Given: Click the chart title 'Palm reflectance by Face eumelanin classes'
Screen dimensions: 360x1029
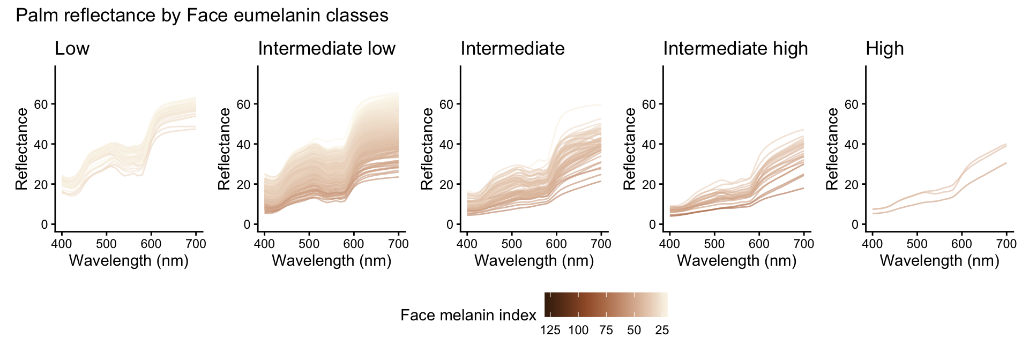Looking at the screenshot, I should click(x=202, y=16).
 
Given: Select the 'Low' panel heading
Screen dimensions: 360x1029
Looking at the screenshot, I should click(x=72, y=49).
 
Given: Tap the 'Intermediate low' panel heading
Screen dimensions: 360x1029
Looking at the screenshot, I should click(x=326, y=49).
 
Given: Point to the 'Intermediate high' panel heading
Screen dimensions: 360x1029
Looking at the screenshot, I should click(x=735, y=49).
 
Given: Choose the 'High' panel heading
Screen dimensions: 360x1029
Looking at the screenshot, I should click(x=884, y=49).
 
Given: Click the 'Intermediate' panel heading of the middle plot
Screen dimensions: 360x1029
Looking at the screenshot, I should click(x=512, y=49).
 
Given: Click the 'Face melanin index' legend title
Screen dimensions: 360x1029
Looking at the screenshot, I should click(x=468, y=315).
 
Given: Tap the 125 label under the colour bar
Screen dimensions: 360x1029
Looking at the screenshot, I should click(x=550, y=330).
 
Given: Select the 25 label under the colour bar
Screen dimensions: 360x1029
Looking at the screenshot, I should click(x=662, y=330).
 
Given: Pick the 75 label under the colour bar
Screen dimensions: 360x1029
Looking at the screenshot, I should click(x=606, y=330).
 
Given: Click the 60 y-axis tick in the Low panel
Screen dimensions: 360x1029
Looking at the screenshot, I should click(x=41, y=104).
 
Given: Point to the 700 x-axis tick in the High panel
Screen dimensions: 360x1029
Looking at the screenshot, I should click(x=1006, y=244).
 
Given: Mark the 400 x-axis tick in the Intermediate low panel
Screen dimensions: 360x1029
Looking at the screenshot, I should click(x=264, y=244).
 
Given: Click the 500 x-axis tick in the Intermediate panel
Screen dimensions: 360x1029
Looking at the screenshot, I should click(x=512, y=244).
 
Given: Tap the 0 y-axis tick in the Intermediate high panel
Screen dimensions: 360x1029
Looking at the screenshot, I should click(x=652, y=224).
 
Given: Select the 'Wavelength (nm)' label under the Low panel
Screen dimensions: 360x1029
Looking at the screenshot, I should click(x=129, y=261).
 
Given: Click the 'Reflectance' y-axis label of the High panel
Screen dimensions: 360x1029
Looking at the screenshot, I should click(x=832, y=149).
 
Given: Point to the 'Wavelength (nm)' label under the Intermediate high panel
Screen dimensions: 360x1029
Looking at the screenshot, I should click(x=737, y=261).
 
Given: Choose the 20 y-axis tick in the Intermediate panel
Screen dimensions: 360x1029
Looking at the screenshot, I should click(x=446, y=184).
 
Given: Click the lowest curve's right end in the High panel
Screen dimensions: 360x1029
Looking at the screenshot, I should click(x=1006, y=163).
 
